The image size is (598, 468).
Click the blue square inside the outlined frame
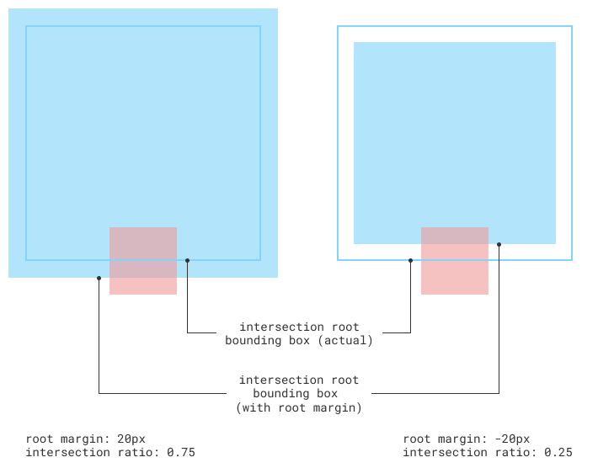click(x=455, y=135)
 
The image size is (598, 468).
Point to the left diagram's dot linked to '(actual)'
click(x=187, y=261)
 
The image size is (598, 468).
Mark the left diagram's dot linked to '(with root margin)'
click(x=99, y=278)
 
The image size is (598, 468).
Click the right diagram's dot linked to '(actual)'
click(x=411, y=261)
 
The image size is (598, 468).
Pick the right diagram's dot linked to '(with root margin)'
click(x=499, y=245)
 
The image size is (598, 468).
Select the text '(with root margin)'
click(x=299, y=407)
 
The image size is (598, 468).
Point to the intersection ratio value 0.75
click(x=181, y=453)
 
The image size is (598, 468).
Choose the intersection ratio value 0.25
click(x=558, y=453)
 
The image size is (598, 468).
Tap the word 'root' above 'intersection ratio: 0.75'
click(x=40, y=439)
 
